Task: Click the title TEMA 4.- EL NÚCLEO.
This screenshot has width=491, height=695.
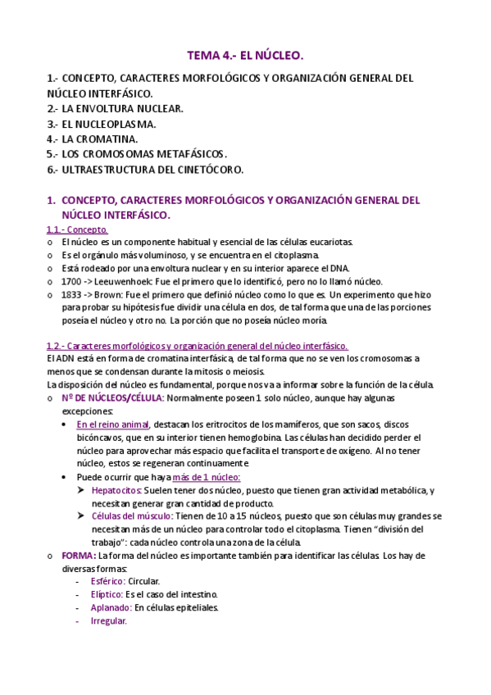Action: (x=245, y=56)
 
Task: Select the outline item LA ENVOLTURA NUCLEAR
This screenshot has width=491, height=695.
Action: (x=122, y=108)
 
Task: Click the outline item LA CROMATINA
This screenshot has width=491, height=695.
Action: (x=99, y=139)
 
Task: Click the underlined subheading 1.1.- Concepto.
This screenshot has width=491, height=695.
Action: (x=78, y=230)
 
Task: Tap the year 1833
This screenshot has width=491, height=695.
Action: (x=71, y=294)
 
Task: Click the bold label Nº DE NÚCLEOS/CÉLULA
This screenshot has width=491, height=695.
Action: (x=112, y=397)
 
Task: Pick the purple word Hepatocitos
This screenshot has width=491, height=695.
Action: (x=117, y=490)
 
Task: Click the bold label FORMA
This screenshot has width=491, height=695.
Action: (x=78, y=555)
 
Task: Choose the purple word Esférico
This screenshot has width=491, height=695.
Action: (x=112, y=581)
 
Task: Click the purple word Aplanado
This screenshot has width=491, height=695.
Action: (x=111, y=607)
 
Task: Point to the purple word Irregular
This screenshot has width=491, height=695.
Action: (x=109, y=621)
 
